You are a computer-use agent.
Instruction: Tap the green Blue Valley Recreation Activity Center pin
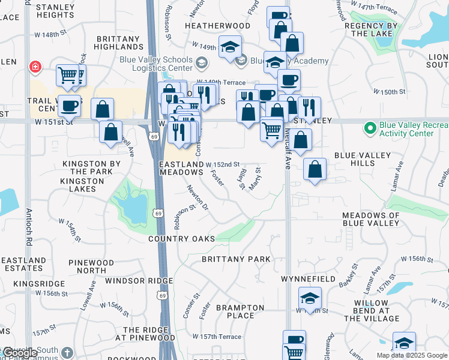(370, 128)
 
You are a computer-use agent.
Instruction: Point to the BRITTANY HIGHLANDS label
(118, 42)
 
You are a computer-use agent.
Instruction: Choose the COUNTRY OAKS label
(182, 239)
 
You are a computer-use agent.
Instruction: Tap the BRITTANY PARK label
(236, 259)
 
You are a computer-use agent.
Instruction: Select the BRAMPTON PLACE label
(240, 311)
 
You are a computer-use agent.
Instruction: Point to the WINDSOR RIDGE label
(139, 281)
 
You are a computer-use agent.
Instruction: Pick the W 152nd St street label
(223, 164)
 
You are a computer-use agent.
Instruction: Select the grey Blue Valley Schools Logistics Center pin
(202, 62)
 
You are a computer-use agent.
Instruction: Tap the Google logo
(20, 353)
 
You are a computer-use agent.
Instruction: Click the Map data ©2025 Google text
(411, 355)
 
